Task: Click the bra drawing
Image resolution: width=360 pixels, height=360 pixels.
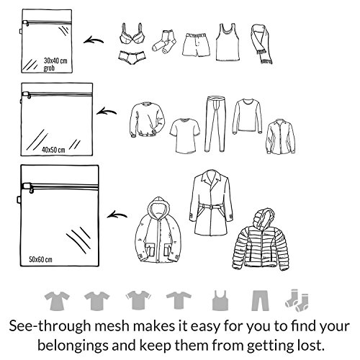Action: point(132,34)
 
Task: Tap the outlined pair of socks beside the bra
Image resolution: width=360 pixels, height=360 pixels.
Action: point(164,42)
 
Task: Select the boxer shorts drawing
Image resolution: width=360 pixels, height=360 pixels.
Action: point(196,45)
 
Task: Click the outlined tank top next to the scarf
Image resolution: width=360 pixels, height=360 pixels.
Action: point(228,42)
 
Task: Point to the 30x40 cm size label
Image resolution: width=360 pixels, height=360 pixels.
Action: point(55,60)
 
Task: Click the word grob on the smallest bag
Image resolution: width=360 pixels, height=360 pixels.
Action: point(49,68)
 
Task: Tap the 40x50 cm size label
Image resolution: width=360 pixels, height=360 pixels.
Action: point(53,150)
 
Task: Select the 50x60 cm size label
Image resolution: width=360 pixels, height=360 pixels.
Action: point(40,259)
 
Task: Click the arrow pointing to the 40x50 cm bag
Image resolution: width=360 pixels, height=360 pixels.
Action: point(107,112)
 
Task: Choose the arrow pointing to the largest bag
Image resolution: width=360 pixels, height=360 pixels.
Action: point(117,215)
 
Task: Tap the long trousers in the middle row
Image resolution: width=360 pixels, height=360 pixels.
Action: point(215,124)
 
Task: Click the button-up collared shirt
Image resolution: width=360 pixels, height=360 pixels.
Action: point(280,137)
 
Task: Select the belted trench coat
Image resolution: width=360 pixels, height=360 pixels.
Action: point(211,203)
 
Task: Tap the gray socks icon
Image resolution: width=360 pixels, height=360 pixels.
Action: point(297,300)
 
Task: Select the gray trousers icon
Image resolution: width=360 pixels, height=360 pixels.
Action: point(260,301)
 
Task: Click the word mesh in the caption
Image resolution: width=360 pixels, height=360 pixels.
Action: point(112,326)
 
